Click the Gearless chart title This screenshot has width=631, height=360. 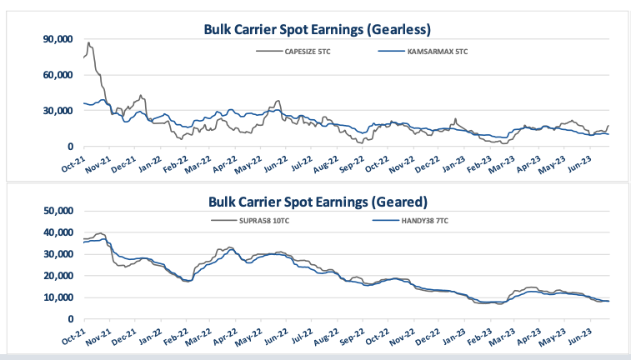[x=317, y=29]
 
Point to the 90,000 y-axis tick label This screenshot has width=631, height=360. [x=57, y=39]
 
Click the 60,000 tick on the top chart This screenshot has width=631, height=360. [x=57, y=75]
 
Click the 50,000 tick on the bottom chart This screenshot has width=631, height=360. [x=57, y=212]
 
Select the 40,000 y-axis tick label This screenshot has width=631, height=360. [x=57, y=233]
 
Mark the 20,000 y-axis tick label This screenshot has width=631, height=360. [x=57, y=276]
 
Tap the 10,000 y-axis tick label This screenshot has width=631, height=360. [x=57, y=297]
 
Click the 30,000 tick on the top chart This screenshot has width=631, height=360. [x=57, y=111]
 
